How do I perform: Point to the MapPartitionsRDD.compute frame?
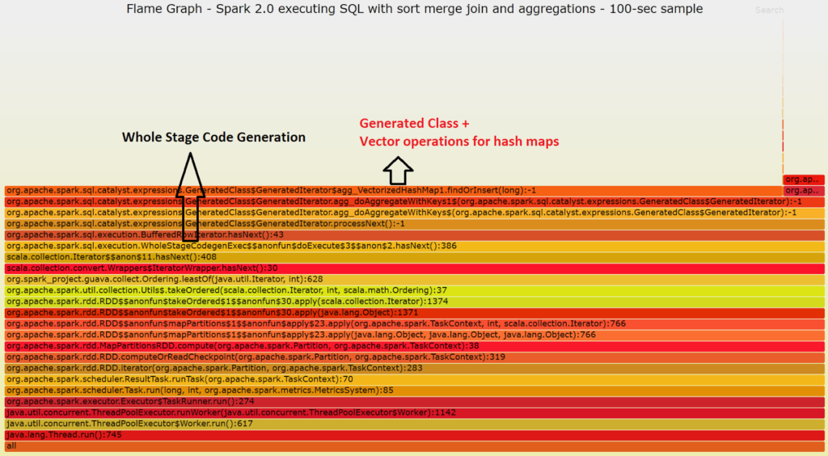[243, 345]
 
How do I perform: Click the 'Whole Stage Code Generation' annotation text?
[213, 137]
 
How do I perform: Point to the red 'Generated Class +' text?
[414, 124]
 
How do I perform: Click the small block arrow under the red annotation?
[398, 171]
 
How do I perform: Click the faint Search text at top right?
[769, 11]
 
